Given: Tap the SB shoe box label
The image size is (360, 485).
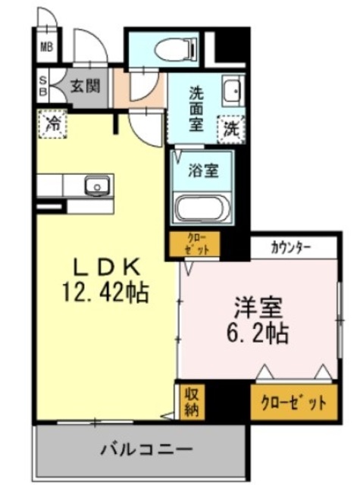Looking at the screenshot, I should (x=43, y=86).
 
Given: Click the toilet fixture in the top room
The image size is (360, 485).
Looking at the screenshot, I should (x=174, y=50).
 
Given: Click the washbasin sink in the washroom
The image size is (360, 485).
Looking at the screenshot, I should (x=231, y=93).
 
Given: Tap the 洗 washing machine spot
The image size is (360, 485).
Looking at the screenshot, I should (x=229, y=128).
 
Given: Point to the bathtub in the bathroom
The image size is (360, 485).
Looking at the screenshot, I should (x=202, y=207).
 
